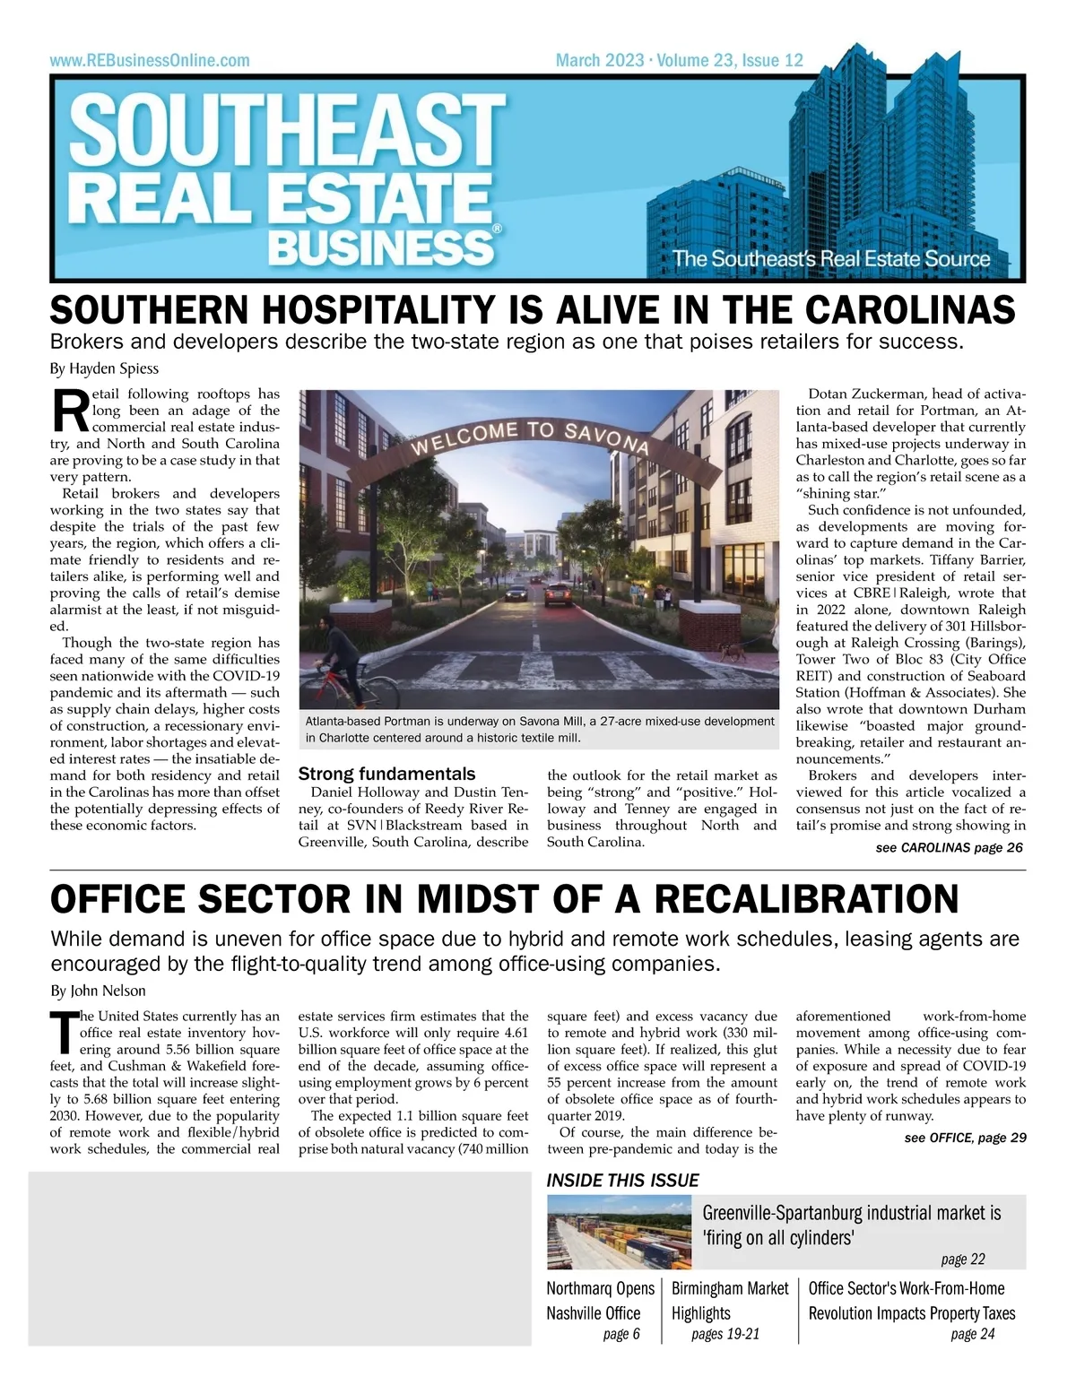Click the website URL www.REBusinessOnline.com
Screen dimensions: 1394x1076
(x=150, y=61)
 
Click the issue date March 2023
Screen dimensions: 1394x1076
(x=599, y=61)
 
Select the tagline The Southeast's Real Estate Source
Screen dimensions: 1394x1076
(x=831, y=259)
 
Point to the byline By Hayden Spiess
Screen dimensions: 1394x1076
(x=104, y=369)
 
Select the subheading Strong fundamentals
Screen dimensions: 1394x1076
(x=386, y=774)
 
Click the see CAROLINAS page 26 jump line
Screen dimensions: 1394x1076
(x=949, y=848)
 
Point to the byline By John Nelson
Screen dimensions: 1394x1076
(x=98, y=991)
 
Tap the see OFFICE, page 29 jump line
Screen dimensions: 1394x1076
(x=965, y=1138)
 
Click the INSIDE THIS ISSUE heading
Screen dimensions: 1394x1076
(x=622, y=1181)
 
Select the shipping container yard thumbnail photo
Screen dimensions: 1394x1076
(x=622, y=1232)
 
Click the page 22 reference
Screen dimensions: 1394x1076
(x=962, y=1260)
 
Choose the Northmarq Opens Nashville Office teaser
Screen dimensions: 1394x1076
(x=600, y=1301)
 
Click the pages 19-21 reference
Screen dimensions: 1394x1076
(x=725, y=1334)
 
